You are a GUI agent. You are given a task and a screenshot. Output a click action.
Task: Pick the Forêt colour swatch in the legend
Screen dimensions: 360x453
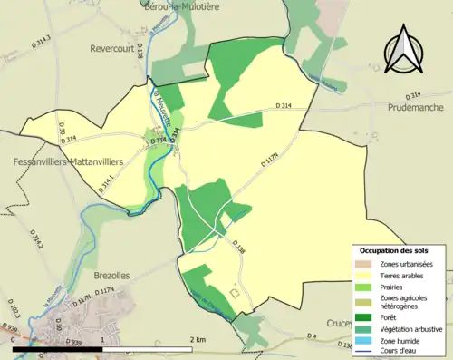(x=364, y=316)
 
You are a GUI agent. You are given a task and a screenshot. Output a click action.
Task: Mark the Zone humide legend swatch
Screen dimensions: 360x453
(x=364, y=338)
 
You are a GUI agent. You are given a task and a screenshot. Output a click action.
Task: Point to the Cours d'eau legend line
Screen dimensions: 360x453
(x=364, y=349)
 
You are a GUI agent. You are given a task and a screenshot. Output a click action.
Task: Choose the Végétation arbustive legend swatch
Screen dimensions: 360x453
(x=364, y=327)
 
